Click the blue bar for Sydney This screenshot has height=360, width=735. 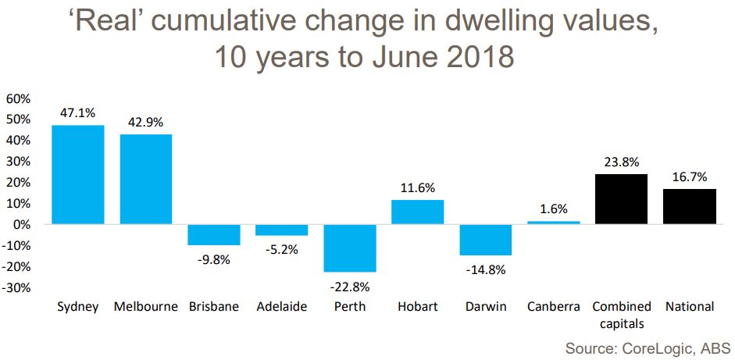point(78,174)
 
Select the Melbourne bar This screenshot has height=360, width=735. point(145,179)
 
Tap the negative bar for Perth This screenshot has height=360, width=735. point(349,248)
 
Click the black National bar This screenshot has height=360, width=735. point(690,206)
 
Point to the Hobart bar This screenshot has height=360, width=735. point(417,212)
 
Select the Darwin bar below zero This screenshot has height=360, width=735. point(485,240)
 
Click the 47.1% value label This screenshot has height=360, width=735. point(78,112)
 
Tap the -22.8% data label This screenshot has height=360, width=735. point(349,287)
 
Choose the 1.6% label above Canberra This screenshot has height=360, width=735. point(553,209)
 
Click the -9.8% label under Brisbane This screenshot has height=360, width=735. point(213,259)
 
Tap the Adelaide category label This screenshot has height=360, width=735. point(281,307)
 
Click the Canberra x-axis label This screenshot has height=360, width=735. point(552,307)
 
